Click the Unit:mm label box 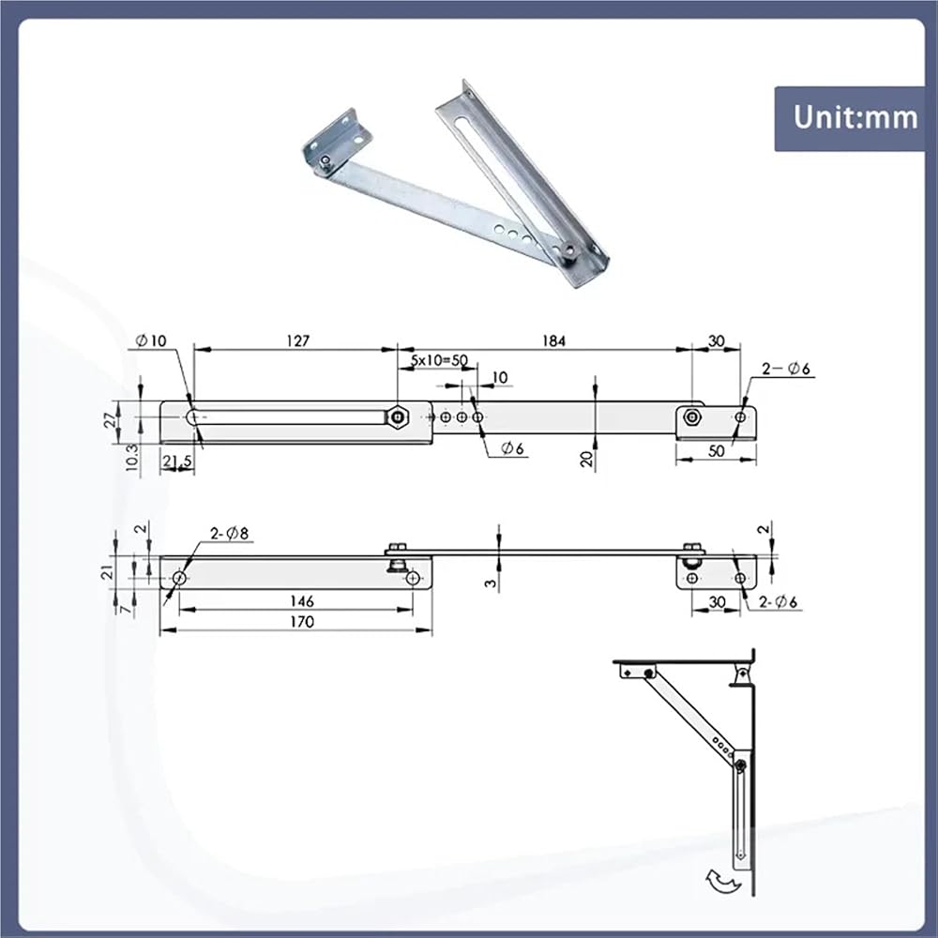click(850, 118)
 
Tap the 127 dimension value click(298, 341)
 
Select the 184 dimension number click(553, 341)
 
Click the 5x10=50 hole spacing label click(439, 361)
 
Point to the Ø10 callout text click(151, 341)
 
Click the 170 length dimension click(301, 622)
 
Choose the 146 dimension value click(301, 600)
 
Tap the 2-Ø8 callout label click(229, 533)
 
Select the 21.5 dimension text click(177, 461)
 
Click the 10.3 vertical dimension click(132, 457)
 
